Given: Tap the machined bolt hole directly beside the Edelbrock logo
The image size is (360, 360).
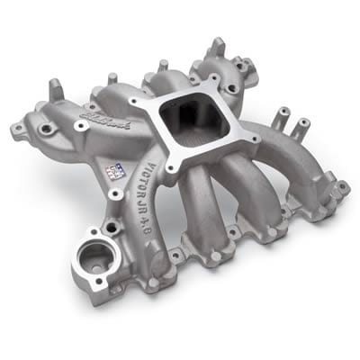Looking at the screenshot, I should point(79,127).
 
